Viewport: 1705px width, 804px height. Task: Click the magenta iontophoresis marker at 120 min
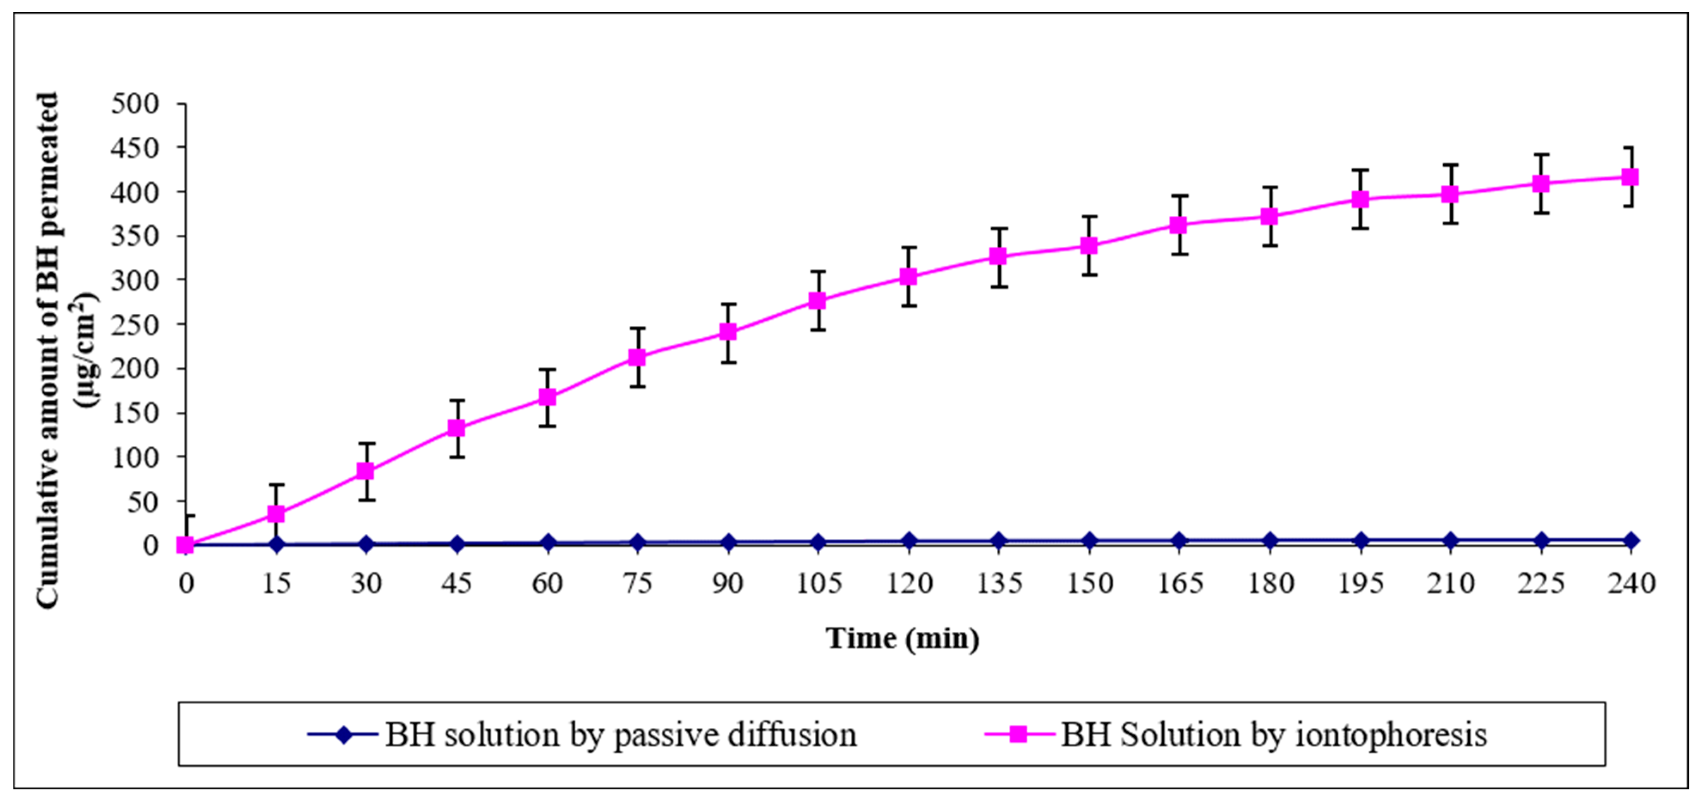(908, 277)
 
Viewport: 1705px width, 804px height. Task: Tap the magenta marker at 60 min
(547, 397)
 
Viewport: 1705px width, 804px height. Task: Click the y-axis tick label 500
(135, 104)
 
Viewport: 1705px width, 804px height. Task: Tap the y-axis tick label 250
(135, 324)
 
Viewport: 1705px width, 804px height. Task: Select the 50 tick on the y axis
(144, 501)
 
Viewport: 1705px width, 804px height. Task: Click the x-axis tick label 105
(818, 584)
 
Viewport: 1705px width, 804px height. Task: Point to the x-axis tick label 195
(1360, 584)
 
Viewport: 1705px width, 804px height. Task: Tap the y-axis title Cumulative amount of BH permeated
(48, 350)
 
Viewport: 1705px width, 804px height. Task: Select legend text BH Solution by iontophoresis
(1274, 734)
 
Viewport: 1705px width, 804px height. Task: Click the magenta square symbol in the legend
(1018, 734)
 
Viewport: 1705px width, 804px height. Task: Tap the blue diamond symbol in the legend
(343, 734)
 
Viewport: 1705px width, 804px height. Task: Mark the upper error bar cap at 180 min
(1269, 188)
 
